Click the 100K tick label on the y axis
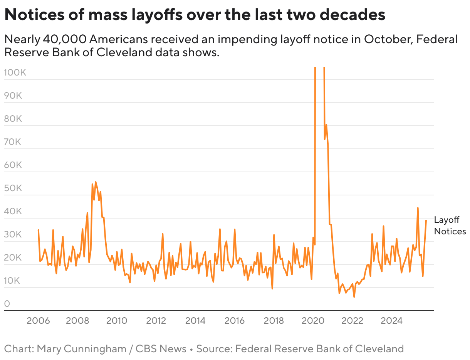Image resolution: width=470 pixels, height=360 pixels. pos(15,72)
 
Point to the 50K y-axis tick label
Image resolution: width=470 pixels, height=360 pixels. pos(13,188)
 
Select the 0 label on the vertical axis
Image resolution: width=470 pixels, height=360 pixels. pos(7,304)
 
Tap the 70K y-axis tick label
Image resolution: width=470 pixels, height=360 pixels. pos(13,142)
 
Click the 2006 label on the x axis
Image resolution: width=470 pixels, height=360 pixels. pos(38,321)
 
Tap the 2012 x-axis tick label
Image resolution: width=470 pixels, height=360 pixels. pos(156,321)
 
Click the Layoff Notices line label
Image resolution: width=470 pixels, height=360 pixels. pos(450,225)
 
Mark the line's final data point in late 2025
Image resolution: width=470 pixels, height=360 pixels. pos(426,220)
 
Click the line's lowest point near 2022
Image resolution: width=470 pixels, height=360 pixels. pos(354,297)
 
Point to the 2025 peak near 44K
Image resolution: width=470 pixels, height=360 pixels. pos(418,208)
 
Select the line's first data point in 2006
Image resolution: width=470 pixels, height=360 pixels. pos(38,230)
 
